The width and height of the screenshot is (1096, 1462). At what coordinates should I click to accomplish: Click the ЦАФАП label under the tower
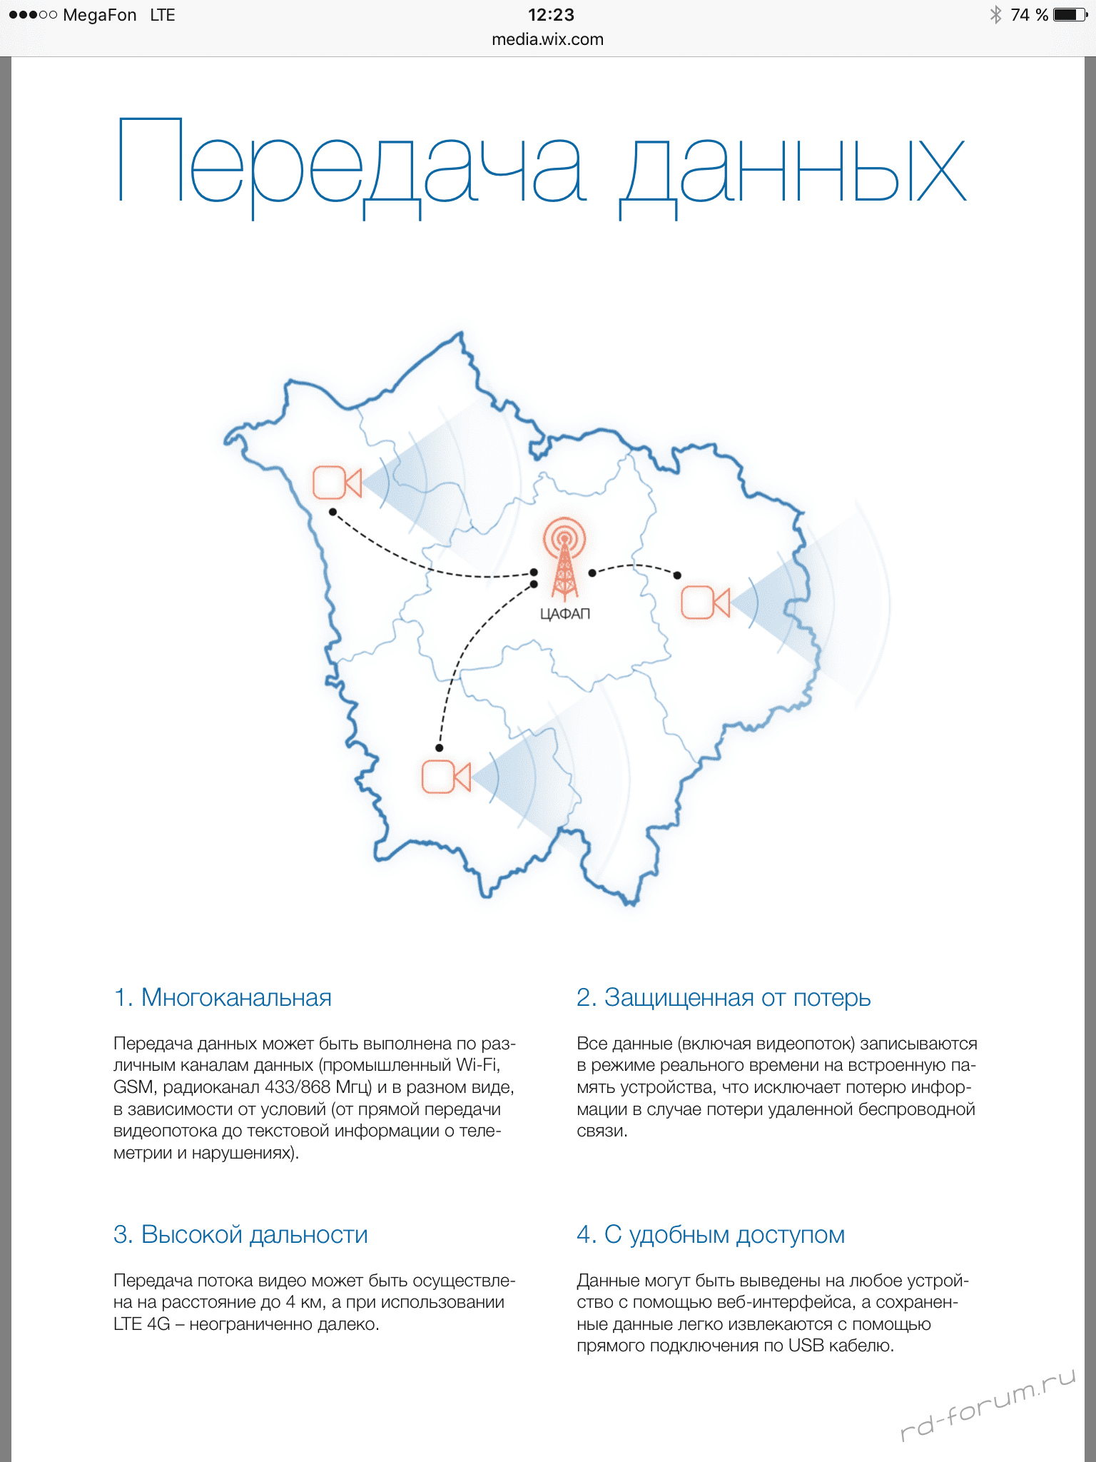[565, 614]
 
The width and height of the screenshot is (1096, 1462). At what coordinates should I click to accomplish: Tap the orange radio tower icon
[564, 558]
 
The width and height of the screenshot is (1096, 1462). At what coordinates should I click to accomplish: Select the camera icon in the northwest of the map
[337, 483]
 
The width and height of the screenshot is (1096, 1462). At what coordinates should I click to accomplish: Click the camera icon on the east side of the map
[705, 602]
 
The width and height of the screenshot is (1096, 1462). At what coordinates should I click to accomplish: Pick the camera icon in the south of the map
[446, 777]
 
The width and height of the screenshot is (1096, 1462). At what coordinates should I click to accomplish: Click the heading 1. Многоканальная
[223, 997]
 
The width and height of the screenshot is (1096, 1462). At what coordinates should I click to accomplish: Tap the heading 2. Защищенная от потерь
[724, 997]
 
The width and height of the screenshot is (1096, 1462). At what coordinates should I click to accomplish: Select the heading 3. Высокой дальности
[240, 1234]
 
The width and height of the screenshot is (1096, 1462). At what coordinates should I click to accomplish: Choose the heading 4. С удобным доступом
[711, 1234]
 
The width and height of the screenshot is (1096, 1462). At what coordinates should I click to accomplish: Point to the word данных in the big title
[792, 171]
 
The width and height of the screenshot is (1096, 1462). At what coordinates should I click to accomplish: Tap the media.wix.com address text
[547, 39]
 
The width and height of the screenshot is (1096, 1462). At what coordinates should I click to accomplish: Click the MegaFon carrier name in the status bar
[99, 15]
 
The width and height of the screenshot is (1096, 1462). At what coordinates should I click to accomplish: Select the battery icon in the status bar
[1070, 15]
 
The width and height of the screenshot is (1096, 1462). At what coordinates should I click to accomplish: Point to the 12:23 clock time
[551, 15]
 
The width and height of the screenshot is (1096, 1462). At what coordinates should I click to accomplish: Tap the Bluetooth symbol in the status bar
[995, 15]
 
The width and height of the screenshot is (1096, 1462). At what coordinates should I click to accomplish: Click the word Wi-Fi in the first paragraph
[477, 1065]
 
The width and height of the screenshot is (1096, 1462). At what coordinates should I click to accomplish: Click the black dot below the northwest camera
[333, 512]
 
